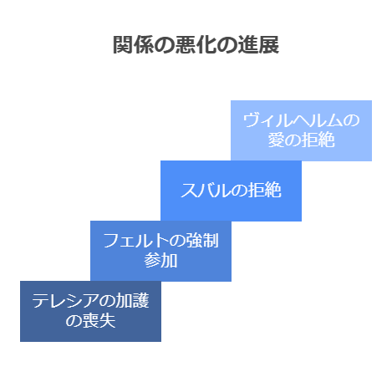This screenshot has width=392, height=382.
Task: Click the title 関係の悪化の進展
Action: pos(196,45)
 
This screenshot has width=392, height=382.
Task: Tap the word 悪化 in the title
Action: pos(196,45)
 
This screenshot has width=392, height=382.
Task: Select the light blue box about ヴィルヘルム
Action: pos(301,130)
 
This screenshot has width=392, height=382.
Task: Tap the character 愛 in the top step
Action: pos(276,140)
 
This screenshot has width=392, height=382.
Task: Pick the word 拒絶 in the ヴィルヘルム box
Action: pos(318,140)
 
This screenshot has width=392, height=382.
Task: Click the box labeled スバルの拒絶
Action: pos(231,191)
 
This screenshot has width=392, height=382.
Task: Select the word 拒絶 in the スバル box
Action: pos(264,191)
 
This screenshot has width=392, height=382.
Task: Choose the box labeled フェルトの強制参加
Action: pos(160,251)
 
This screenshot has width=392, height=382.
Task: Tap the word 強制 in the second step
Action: pos(202,241)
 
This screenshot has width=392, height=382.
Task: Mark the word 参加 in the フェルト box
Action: pos(160,261)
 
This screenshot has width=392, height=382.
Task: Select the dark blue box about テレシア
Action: pos(90,311)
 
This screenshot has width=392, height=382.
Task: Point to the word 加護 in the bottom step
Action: pos(132,301)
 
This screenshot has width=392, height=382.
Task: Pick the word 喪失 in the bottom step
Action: pos(99,321)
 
